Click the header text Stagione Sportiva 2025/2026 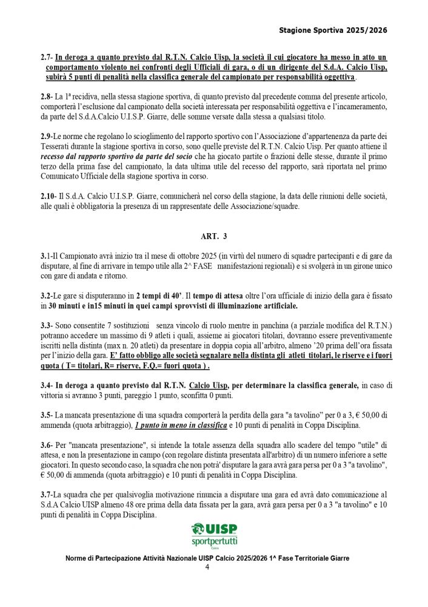point(333,30)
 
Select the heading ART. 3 point(213,236)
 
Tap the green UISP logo point(215,529)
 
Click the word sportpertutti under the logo point(215,540)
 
